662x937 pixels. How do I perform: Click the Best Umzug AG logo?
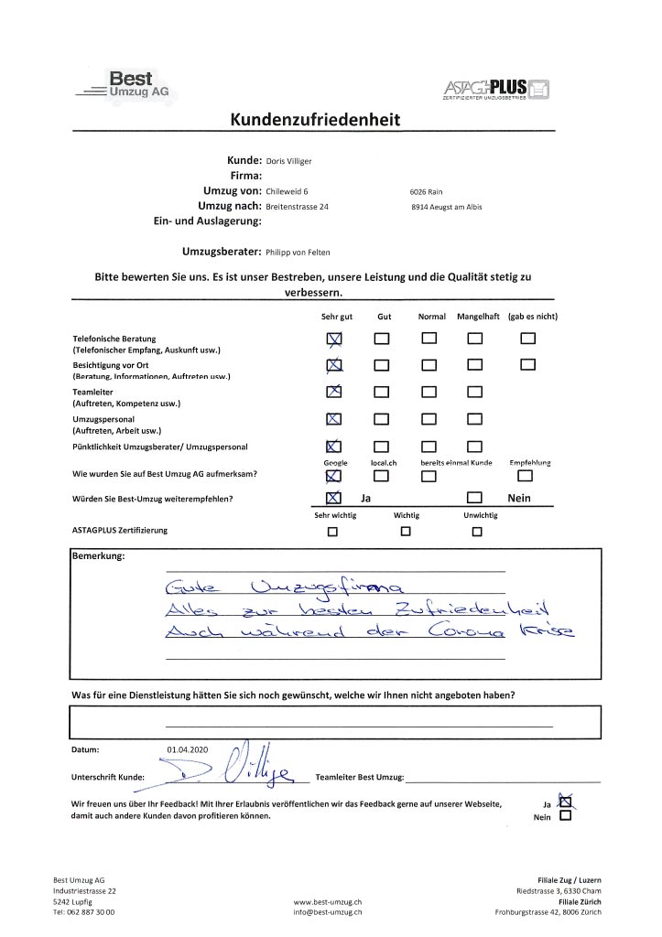click(x=127, y=86)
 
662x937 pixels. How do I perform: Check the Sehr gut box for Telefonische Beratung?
click(x=334, y=339)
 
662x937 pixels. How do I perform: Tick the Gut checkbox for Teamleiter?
click(x=381, y=393)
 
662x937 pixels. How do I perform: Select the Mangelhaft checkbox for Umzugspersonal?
click(x=474, y=419)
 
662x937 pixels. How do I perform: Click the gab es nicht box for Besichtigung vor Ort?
click(x=527, y=366)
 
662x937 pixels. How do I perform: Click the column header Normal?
click(x=431, y=317)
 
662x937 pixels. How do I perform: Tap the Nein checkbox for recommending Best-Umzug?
click(x=474, y=499)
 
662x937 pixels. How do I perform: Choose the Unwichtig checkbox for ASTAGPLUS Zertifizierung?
click(x=476, y=532)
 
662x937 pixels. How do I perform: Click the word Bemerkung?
click(x=98, y=555)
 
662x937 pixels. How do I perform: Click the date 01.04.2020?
click(x=189, y=750)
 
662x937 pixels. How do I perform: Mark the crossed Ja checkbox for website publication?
click(x=564, y=802)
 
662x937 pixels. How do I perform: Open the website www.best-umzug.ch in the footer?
click(x=328, y=901)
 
